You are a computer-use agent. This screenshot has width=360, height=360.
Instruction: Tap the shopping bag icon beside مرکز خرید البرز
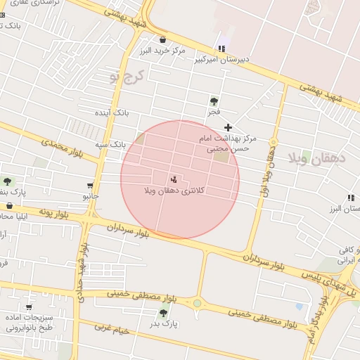click(x=163, y=40)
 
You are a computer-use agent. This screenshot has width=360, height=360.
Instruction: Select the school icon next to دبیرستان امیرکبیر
click(x=222, y=49)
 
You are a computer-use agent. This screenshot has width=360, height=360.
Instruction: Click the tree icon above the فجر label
click(x=214, y=101)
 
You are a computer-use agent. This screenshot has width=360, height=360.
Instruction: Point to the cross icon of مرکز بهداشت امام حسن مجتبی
click(x=227, y=127)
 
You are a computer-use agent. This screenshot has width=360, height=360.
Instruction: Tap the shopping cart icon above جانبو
click(x=89, y=186)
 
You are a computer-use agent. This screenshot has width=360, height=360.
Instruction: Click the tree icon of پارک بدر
click(x=163, y=313)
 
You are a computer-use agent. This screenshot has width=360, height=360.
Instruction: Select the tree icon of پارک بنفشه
click(x=8, y=181)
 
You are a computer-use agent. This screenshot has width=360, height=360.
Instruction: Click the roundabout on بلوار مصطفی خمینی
click(x=197, y=304)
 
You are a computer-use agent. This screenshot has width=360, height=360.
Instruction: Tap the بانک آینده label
click(x=112, y=112)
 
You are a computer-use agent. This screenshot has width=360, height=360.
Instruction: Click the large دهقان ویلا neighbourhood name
click(x=318, y=160)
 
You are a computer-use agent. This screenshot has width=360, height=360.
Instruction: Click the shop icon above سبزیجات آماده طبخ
click(x=28, y=307)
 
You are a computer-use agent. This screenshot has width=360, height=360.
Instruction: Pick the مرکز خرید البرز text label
click(x=162, y=51)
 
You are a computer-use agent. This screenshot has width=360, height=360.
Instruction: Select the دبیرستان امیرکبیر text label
click(x=221, y=60)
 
